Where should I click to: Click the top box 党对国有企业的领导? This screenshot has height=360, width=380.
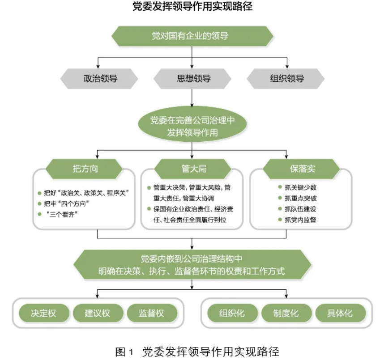click(192, 36)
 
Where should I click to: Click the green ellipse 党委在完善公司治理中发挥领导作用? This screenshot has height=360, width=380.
click(192, 126)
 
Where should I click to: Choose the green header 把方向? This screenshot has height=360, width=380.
click(85, 169)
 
